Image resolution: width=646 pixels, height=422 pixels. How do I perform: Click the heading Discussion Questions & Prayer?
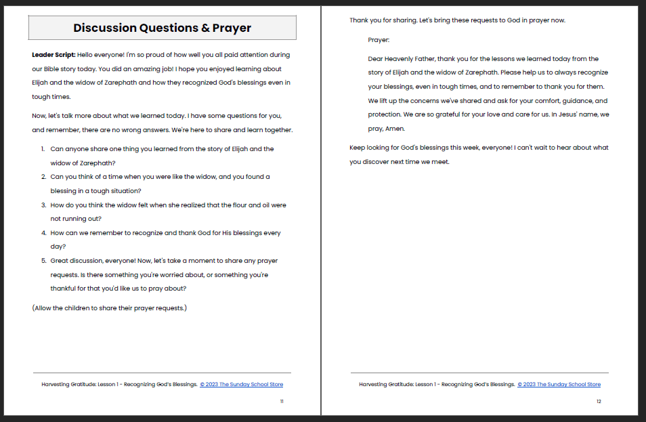point(162,28)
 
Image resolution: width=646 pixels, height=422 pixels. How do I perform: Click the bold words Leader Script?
point(53,54)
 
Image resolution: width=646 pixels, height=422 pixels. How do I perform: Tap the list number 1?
point(42,148)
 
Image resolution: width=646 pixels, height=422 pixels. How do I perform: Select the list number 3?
point(43,205)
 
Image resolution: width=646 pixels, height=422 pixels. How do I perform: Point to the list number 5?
point(43,261)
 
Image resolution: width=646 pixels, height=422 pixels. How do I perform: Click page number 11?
point(282,402)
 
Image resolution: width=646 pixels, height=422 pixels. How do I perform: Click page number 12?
point(599,402)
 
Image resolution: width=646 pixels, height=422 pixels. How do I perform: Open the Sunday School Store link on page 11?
point(242,385)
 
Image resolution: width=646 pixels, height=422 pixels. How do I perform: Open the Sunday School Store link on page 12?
point(559,385)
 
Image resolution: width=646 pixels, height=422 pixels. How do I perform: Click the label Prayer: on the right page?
point(379,40)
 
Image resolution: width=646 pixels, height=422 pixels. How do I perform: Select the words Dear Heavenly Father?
point(400,59)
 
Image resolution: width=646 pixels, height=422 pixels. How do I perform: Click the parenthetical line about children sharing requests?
point(109,308)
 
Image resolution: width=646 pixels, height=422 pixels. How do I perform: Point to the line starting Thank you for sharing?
point(457,20)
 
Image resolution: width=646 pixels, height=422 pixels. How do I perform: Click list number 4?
point(43,233)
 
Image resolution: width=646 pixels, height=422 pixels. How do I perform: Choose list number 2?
point(43,177)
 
